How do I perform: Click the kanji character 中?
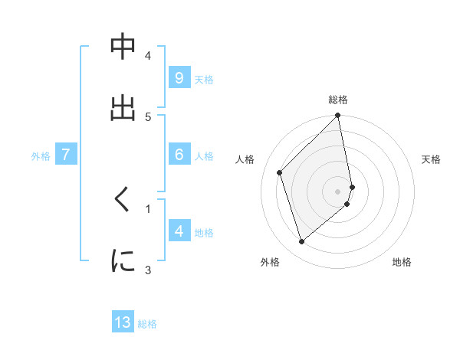click(123, 48)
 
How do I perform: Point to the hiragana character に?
click(123, 260)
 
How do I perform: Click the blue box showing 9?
click(179, 77)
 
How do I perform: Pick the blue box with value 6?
click(179, 154)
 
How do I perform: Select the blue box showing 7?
click(66, 154)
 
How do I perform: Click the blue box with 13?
click(123, 322)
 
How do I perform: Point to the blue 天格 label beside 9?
click(204, 79)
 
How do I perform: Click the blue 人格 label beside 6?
click(204, 155)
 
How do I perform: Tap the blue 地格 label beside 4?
click(204, 232)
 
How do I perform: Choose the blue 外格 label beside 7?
click(41, 155)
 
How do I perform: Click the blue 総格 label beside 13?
click(147, 324)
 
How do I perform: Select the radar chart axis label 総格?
click(338, 100)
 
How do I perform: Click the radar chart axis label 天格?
click(431, 159)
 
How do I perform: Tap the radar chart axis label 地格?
click(402, 262)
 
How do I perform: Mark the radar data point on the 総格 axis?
click(338, 116)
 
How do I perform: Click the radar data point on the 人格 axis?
click(280, 172)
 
